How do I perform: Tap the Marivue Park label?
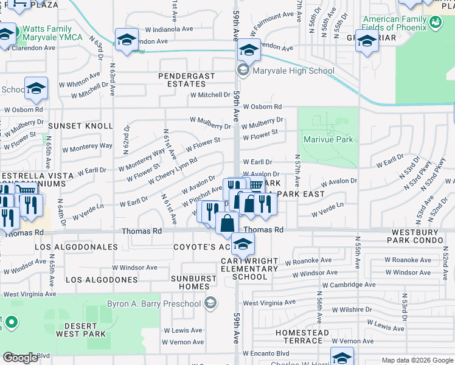point(328,139)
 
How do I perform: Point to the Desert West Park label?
point(80,329)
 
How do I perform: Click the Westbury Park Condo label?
point(420,237)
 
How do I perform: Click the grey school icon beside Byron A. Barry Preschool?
point(210,303)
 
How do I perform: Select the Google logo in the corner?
point(20,358)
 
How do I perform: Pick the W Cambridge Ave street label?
point(349,285)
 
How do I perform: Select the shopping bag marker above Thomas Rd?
point(227,223)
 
